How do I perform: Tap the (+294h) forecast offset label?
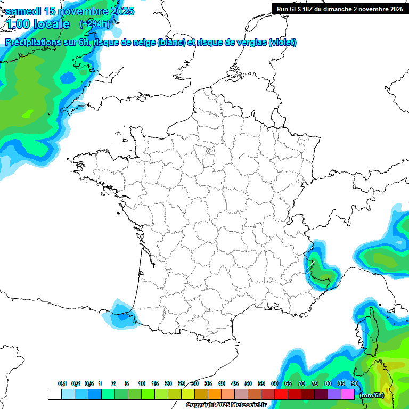click(94, 23)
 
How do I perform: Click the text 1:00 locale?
click(38, 24)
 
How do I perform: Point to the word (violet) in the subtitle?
click(283, 43)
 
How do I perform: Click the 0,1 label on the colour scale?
click(62, 383)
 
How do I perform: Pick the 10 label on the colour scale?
click(142, 383)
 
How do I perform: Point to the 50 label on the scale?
click(248, 383)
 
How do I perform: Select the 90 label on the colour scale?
click(355, 383)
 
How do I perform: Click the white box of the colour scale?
click(54, 394)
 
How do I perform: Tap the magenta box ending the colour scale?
click(348, 394)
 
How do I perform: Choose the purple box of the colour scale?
click(334, 394)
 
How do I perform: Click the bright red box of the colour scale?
click(281, 394)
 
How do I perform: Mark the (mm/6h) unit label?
click(371, 395)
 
